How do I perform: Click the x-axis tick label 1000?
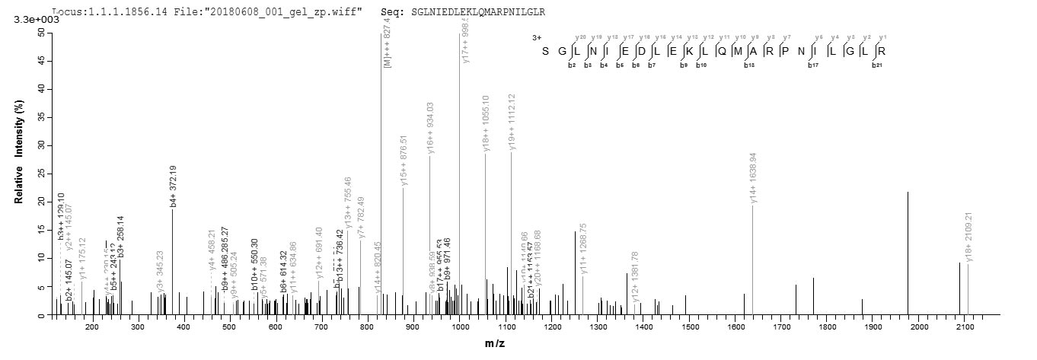(x=460, y=327)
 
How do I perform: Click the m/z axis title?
(x=495, y=345)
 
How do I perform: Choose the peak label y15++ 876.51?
(x=404, y=161)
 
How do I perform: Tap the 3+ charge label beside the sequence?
(x=537, y=37)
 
